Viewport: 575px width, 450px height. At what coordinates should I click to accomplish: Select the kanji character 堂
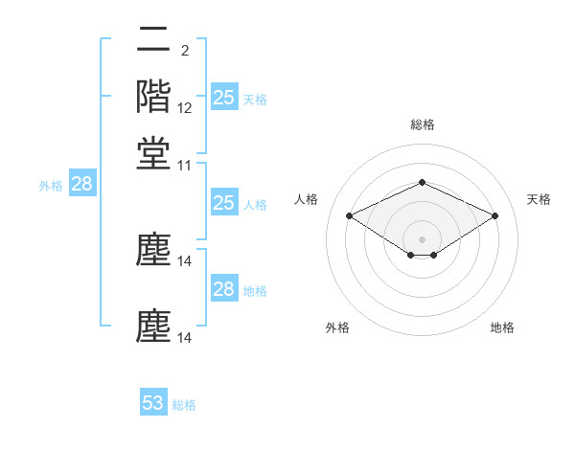coord(153,153)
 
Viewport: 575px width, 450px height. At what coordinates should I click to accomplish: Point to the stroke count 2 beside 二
coord(184,51)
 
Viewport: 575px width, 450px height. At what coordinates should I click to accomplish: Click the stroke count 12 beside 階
coord(185,108)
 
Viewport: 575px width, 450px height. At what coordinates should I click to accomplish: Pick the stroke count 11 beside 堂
coord(185,166)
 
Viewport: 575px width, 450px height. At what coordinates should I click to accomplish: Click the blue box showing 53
coord(153,403)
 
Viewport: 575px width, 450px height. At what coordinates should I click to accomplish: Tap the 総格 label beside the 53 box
coord(185,405)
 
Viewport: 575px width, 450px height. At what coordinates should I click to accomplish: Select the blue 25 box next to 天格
coord(223,97)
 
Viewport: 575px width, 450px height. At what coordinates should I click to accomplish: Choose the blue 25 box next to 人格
coord(223,203)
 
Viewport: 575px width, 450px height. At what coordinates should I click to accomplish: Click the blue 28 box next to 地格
coord(223,289)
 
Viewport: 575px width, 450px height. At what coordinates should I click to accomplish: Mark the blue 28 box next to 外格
coord(82,185)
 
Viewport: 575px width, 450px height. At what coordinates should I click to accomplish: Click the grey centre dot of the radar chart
coord(422,238)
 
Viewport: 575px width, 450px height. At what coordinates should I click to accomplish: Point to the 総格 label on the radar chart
coord(422,124)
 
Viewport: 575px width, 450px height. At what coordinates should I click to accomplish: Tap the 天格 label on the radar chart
coord(539,199)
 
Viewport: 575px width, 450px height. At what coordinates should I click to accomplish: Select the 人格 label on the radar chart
coord(307,199)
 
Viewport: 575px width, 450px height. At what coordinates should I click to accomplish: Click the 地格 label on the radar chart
coord(502,327)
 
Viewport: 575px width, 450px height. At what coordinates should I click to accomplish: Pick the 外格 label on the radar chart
coord(337,327)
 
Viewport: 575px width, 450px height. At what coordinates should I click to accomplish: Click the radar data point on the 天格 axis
coord(494,215)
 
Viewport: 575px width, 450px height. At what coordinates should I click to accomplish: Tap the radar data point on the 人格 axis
coord(349,215)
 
